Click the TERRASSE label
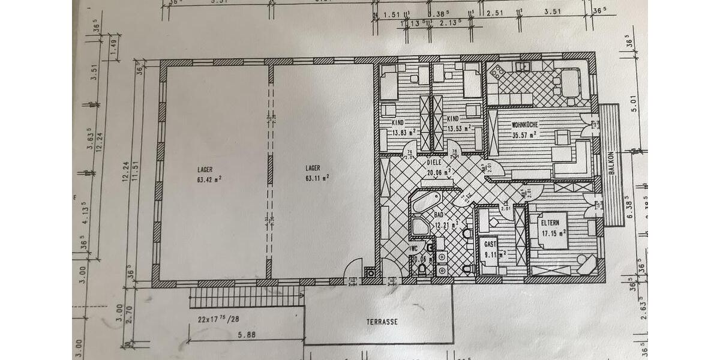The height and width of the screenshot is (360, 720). pyautogui.click(x=382, y=322)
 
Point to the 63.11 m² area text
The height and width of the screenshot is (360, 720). pyautogui.click(x=316, y=178)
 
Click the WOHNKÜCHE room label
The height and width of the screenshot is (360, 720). pyautogui.click(x=524, y=125)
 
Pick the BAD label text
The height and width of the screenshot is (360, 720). pyautogui.click(x=439, y=214)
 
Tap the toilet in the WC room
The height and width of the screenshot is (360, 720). pyautogui.click(x=424, y=270)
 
